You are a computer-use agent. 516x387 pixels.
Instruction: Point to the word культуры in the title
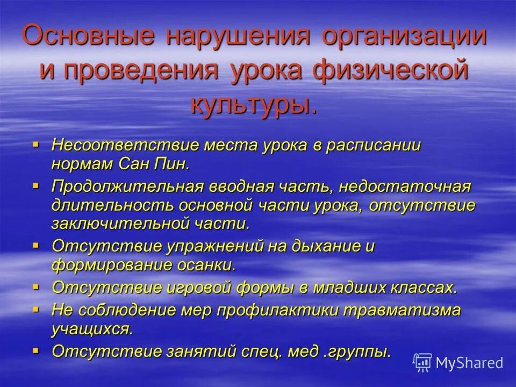[x=253, y=104]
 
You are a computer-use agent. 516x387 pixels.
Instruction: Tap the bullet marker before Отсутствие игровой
[x=36, y=286]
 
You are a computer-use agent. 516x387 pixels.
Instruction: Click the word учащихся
[x=92, y=328]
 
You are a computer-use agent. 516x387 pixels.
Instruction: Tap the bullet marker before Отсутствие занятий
[x=36, y=350]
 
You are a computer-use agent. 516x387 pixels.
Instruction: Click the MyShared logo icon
[x=423, y=362]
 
